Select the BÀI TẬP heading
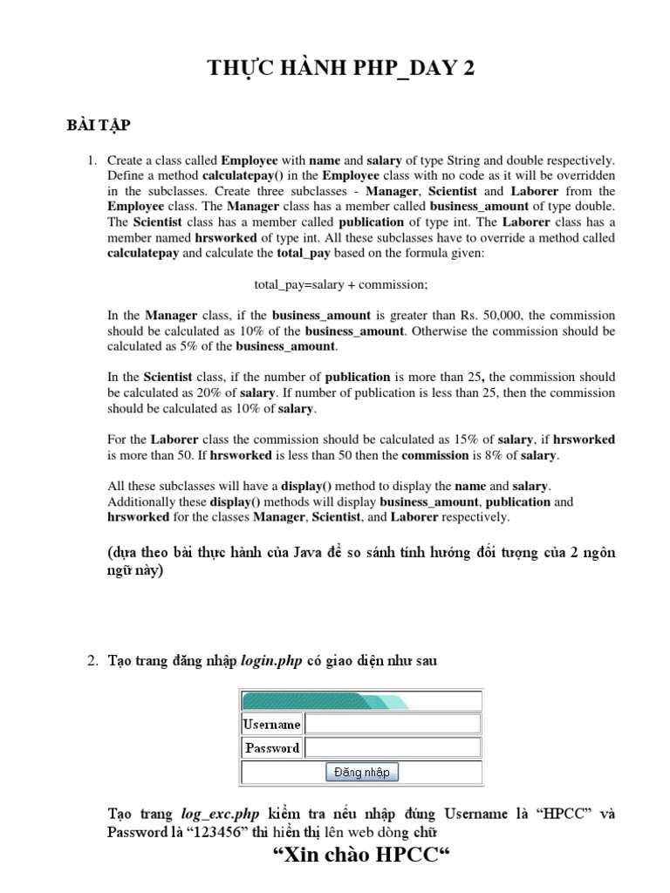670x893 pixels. coord(98,126)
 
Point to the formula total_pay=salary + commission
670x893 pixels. coord(341,284)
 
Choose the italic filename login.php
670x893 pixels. coord(271,661)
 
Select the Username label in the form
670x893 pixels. coord(271,724)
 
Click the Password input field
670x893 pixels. coord(393,747)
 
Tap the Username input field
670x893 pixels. coord(393,724)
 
